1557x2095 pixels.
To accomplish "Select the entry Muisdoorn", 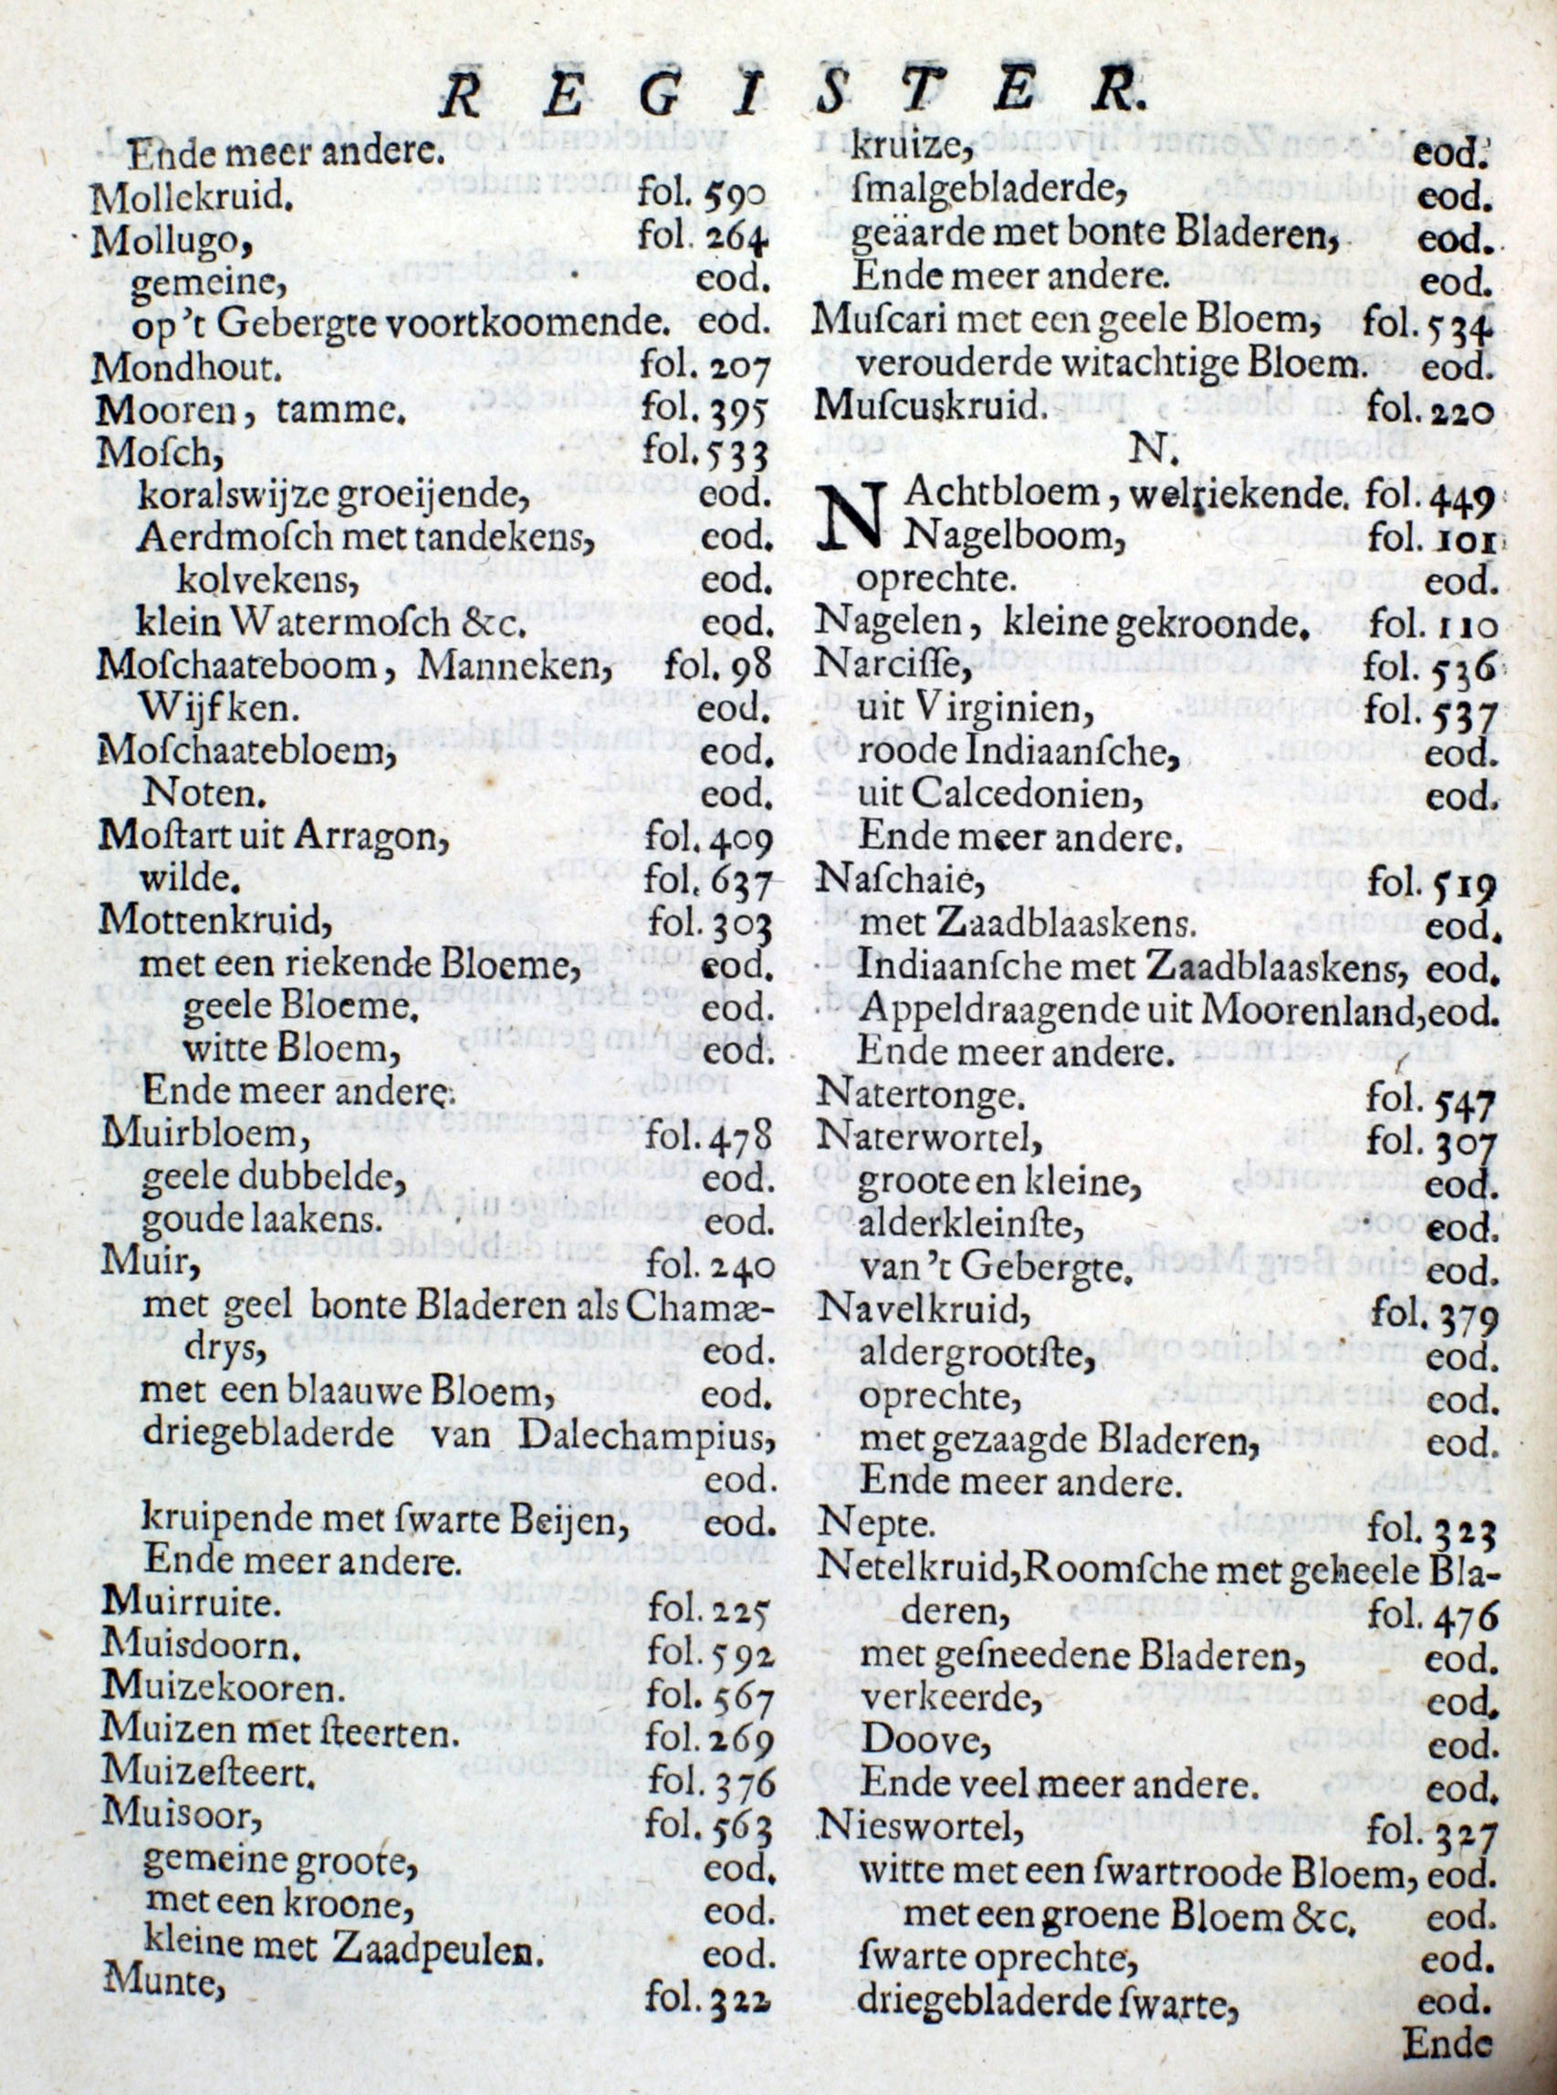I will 202,1652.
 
